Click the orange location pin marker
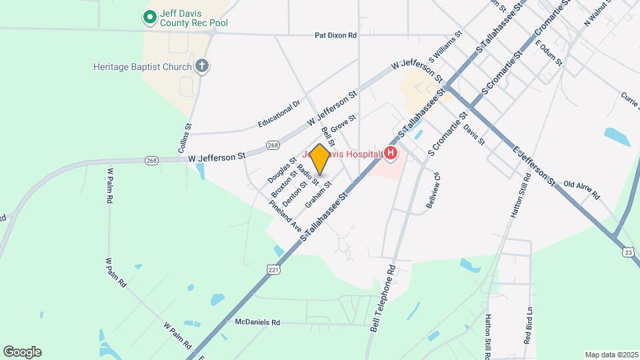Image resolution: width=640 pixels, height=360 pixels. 320,159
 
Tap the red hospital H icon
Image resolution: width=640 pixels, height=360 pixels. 391,155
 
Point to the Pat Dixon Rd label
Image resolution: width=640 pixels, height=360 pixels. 336,35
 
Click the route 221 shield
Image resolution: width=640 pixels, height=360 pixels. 273,269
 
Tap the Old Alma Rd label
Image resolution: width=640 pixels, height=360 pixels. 581,190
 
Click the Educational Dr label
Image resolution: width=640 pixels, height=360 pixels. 279,115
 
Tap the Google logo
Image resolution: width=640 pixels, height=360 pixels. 22,351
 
